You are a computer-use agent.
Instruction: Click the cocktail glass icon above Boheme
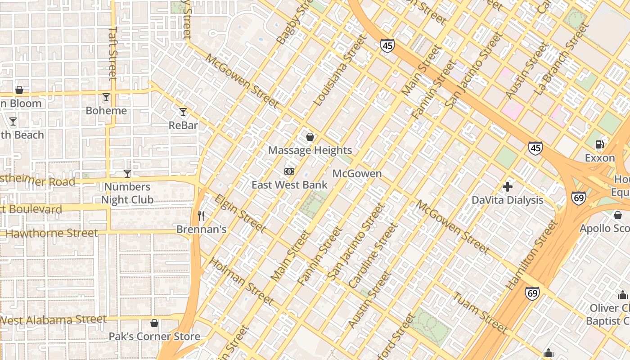(106, 97)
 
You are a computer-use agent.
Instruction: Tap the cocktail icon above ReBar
(183, 112)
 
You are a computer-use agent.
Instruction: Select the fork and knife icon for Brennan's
(201, 216)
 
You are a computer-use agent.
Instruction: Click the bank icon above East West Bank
(289, 171)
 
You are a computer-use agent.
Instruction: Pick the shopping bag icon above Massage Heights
(310, 137)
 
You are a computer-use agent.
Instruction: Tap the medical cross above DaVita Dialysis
(508, 186)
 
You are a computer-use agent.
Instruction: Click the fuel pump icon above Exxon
(599, 144)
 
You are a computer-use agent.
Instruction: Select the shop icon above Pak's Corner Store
(154, 323)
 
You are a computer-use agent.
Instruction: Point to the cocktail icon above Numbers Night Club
(127, 174)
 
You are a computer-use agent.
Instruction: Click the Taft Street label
(113, 53)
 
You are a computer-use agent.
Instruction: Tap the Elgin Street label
(239, 213)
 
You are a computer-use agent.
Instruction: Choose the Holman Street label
(241, 281)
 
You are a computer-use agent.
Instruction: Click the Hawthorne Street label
(51, 233)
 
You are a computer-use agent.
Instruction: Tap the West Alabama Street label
(53, 320)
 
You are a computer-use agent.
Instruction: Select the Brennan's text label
(201, 229)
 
